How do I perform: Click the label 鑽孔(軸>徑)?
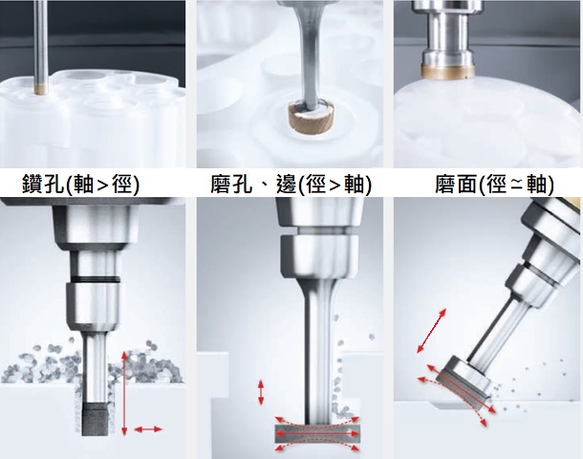pos(80,184)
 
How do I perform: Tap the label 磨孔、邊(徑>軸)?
pos(291,184)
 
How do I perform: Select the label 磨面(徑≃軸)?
pos(494,185)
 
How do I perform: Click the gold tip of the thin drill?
pos(40,89)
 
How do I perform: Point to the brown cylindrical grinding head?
pos(311,118)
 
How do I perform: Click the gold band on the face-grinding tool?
pos(448,71)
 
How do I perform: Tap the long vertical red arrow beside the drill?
pos(124,393)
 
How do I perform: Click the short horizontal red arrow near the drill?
pos(148,429)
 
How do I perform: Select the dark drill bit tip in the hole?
pos(95,419)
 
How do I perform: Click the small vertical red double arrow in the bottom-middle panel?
pos(261,392)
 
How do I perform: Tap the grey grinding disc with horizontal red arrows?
pos(317,434)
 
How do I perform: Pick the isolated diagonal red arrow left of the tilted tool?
pos(431,330)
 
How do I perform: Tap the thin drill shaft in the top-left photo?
pos(40,42)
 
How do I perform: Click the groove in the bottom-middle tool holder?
pos(318,231)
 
